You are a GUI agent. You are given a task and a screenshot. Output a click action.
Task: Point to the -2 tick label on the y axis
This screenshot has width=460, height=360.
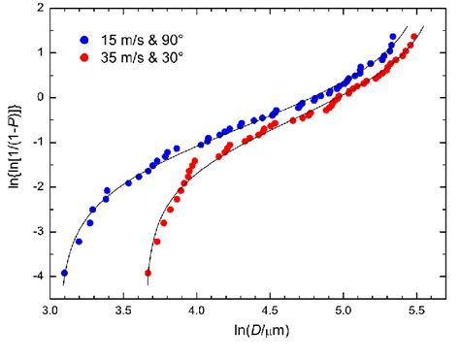tap(34, 187)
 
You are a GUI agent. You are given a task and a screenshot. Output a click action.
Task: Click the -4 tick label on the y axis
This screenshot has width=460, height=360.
tap(34, 277)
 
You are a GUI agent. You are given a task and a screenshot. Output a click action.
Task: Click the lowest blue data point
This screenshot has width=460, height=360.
tap(64, 273)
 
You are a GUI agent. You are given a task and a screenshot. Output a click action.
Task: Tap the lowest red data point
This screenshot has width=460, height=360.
tap(148, 273)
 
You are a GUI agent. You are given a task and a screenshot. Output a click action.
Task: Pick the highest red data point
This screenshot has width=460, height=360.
tap(414, 37)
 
